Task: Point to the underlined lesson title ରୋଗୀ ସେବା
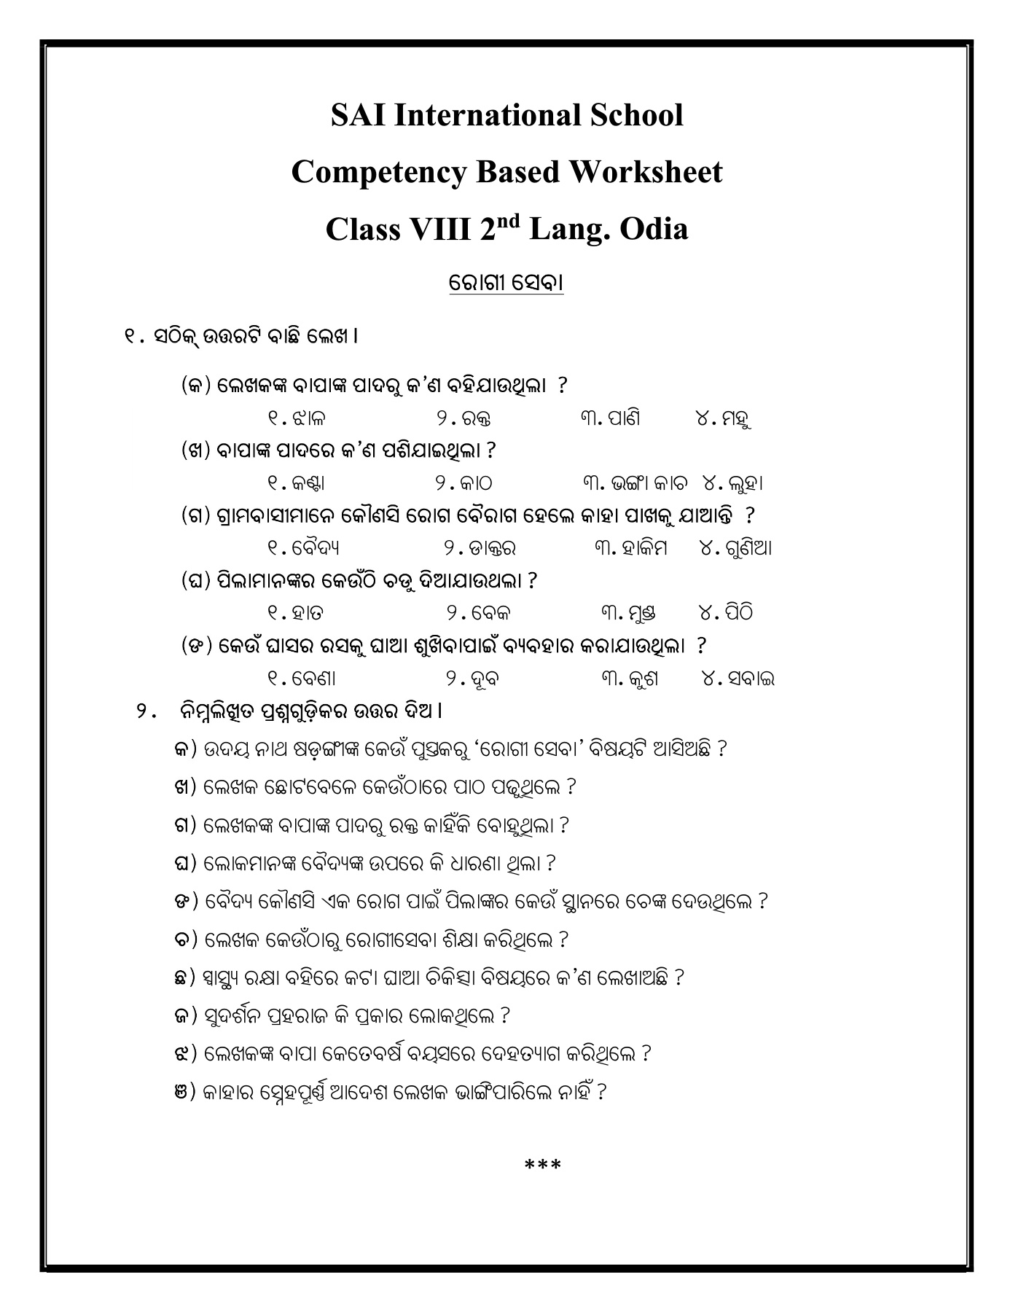point(506,283)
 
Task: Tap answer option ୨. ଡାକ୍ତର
point(480,547)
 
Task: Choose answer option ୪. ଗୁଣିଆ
point(735,547)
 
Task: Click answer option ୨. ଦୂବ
point(472,679)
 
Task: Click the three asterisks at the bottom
point(543,1165)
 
